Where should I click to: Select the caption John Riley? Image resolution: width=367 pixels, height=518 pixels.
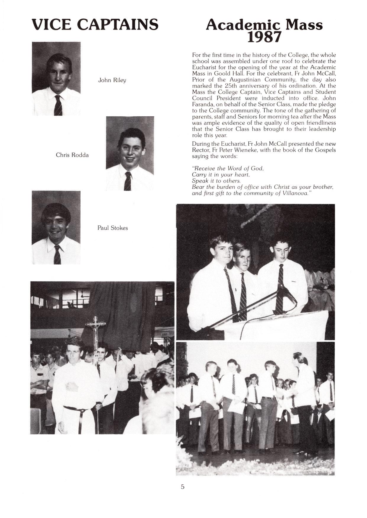[x=112, y=80]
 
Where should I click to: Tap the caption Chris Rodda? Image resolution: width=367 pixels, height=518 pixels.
[x=72, y=155]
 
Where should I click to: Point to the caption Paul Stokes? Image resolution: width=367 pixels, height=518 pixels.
[x=113, y=228]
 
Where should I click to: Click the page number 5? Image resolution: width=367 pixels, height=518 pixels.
[x=183, y=487]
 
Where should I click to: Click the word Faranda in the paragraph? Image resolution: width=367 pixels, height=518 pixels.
[x=203, y=105]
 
